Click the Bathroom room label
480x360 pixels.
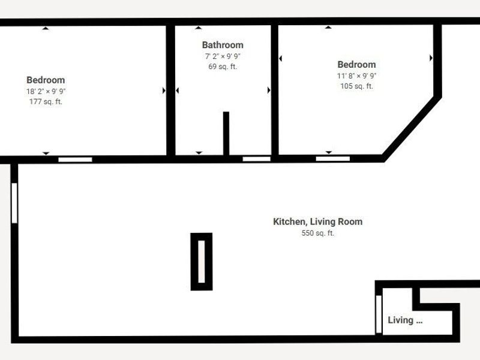tap(223, 45)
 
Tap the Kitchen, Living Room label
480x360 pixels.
tap(317, 222)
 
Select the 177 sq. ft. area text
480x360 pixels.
tap(46, 102)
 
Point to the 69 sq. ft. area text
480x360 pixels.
tap(223, 67)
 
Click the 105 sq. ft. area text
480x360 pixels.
tap(356, 86)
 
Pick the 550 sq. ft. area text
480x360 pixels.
tap(317, 233)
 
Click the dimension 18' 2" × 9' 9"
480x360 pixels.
tap(46, 91)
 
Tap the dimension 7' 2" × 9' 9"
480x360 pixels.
tap(223, 56)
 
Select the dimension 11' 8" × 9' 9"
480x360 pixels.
tap(356, 76)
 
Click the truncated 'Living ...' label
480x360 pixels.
tap(405, 320)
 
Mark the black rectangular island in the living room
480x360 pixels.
tap(202, 262)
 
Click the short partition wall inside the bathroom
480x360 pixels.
tap(226, 133)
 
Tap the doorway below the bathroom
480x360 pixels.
tap(256, 159)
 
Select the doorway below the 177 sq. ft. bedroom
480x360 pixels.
tap(75, 160)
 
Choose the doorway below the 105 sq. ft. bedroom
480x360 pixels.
tap(332, 159)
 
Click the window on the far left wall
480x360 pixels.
tap(14, 203)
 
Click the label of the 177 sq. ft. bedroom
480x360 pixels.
tap(46, 80)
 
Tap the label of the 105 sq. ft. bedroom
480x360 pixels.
tap(356, 65)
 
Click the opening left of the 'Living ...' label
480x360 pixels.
tap(378, 314)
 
